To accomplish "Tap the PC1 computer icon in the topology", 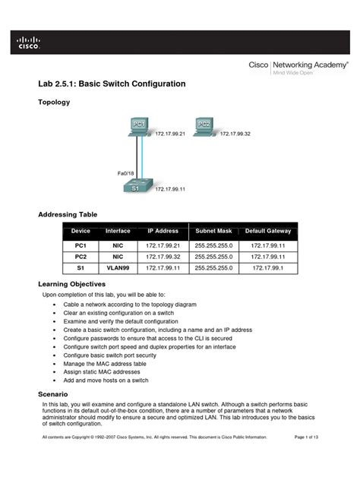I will tap(138, 126).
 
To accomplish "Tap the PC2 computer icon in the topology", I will tap(203, 126).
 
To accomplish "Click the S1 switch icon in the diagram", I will tap(137, 188).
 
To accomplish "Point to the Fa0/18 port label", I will tap(126, 173).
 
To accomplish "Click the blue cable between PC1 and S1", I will tap(137, 159).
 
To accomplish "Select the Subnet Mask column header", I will tap(213, 230).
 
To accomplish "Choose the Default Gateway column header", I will tap(267, 230).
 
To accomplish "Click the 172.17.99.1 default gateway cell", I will tap(267, 268).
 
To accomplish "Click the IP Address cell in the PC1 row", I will tap(163, 246).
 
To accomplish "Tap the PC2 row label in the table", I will tap(81, 257).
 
